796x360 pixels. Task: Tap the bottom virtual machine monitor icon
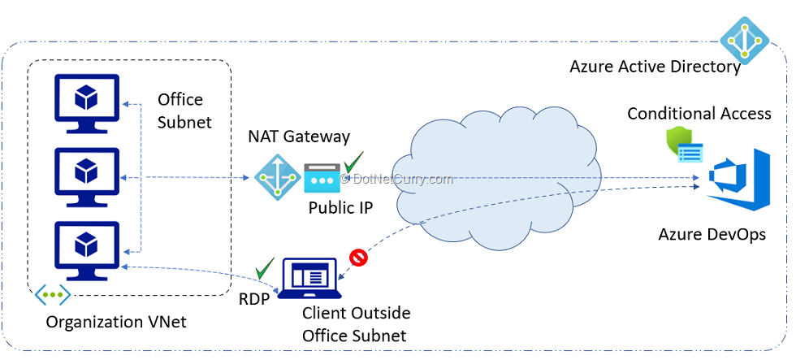[x=85, y=245]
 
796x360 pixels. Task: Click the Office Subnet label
[x=184, y=111]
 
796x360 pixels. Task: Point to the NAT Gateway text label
[x=299, y=137]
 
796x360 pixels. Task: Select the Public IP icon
[x=321, y=178]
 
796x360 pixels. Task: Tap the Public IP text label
[x=340, y=207]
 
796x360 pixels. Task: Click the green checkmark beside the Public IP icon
[x=353, y=160]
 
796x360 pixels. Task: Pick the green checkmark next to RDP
[x=265, y=267]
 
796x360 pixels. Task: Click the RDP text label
[x=254, y=298]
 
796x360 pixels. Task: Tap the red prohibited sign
[x=358, y=258]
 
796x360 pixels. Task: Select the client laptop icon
[x=309, y=279]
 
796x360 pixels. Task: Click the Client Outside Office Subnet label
[x=356, y=323]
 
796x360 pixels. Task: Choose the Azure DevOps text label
[x=712, y=235]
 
